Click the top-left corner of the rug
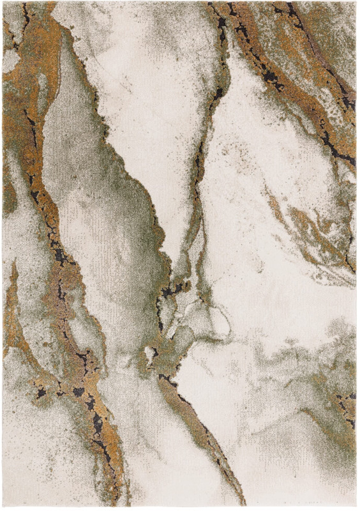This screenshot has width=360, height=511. pos(3,3)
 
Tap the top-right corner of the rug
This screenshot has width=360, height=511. pos(356,3)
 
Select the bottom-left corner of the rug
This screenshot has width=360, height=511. pos(3,508)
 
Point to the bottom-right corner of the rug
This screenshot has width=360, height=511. pos(356,508)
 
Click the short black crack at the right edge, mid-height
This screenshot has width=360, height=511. pos(349,256)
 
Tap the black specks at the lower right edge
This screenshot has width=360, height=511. pos(349,409)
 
